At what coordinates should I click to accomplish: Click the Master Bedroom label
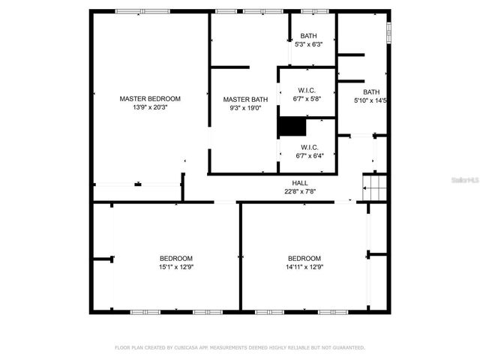click(x=150, y=98)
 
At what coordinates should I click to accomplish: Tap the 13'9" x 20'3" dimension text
click(x=150, y=107)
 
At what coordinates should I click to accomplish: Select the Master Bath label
click(x=244, y=99)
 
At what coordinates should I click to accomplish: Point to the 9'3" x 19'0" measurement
click(x=244, y=108)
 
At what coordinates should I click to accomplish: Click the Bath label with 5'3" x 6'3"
click(x=308, y=36)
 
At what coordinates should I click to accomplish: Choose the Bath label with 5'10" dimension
click(x=372, y=91)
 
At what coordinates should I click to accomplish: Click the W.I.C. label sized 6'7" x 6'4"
click(x=310, y=147)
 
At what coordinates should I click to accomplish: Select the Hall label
click(x=300, y=183)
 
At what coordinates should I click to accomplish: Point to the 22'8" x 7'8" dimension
click(x=300, y=191)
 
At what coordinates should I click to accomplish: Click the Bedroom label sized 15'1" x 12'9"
click(x=175, y=258)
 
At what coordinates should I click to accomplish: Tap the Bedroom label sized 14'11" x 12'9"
click(x=304, y=258)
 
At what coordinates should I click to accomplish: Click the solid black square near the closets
click(x=292, y=127)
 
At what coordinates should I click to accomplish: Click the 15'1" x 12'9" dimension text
click(x=175, y=267)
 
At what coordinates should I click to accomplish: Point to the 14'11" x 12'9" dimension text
click(x=304, y=267)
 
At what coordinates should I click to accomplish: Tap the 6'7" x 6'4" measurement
click(x=310, y=156)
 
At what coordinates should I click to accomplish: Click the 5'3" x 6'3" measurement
click(x=308, y=45)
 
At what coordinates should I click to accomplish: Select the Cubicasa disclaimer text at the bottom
click(x=240, y=348)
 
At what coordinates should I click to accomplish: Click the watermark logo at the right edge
click(x=466, y=181)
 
